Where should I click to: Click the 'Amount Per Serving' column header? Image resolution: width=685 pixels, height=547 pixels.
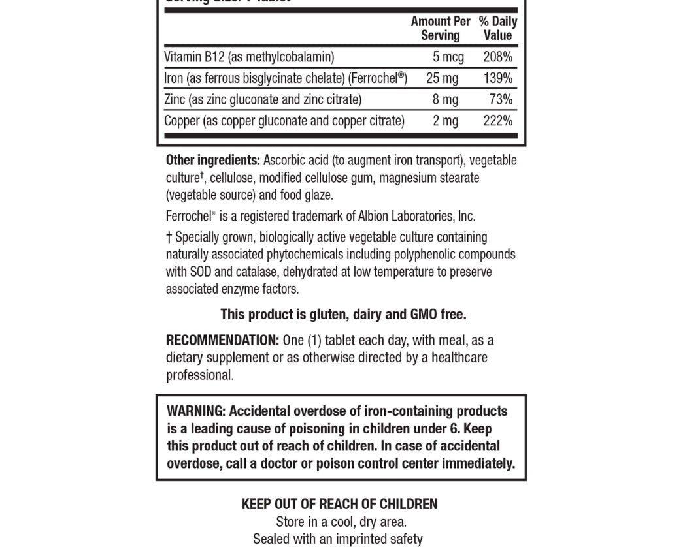pyautogui.click(x=441, y=28)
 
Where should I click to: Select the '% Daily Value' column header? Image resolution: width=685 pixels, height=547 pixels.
pyautogui.click(x=497, y=28)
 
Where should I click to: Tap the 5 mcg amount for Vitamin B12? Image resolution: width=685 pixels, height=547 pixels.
pyautogui.click(x=448, y=57)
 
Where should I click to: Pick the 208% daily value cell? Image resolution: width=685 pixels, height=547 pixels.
pyautogui.click(x=498, y=57)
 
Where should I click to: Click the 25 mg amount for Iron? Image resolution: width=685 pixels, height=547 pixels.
pyautogui.click(x=443, y=78)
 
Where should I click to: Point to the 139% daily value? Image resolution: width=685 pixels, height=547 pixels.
pyautogui.click(x=498, y=78)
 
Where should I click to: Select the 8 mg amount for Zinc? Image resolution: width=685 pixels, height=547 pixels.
pyautogui.click(x=445, y=99)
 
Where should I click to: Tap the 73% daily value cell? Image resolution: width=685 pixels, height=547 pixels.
pyautogui.click(x=501, y=99)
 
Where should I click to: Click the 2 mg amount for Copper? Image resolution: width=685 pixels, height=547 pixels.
pyautogui.click(x=445, y=121)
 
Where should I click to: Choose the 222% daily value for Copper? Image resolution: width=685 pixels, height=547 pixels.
pyautogui.click(x=498, y=121)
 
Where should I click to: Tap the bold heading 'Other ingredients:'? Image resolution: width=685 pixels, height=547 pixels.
pyautogui.click(x=213, y=160)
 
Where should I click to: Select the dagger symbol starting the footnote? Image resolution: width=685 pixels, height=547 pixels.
pyautogui.click(x=169, y=237)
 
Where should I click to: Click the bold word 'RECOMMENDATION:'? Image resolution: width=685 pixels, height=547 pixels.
pyautogui.click(x=222, y=340)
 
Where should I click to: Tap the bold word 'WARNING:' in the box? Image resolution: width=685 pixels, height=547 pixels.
pyautogui.click(x=196, y=411)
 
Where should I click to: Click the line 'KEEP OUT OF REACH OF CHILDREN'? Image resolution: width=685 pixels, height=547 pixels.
pyautogui.click(x=339, y=504)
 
